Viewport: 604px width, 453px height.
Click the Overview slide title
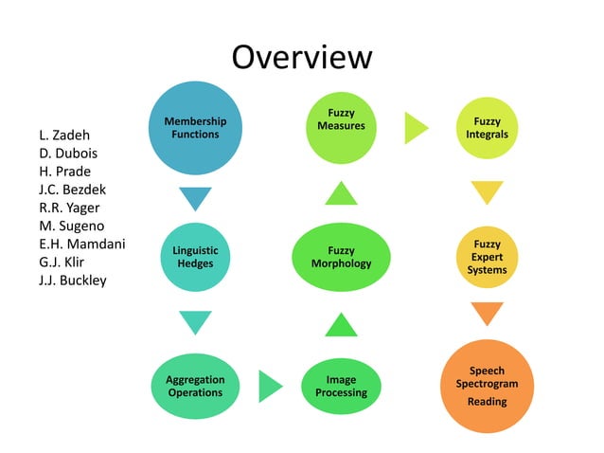coord(302,56)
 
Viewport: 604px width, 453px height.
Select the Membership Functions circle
coord(195,128)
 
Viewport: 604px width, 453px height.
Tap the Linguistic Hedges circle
coord(195,257)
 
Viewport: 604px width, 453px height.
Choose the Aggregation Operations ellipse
coord(195,385)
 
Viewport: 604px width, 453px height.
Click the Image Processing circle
coord(341,385)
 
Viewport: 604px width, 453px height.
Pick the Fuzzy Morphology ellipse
coord(341,257)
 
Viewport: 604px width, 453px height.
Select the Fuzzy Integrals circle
coord(487,128)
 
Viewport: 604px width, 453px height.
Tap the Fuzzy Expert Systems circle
coord(487,257)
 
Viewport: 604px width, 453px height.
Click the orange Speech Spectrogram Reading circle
coord(487,386)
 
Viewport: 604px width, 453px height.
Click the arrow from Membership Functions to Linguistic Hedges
coord(195,198)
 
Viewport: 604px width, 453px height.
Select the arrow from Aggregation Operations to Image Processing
coord(270,386)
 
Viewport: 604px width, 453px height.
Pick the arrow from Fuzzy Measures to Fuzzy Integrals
coord(416,128)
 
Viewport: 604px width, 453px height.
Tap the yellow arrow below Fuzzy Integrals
coord(487,192)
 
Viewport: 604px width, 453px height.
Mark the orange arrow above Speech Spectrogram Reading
coord(487,314)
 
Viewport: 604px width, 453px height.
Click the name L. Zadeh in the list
coord(64,136)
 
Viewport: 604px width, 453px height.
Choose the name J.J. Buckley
coord(73,280)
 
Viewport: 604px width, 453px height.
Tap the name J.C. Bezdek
coord(73,190)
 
